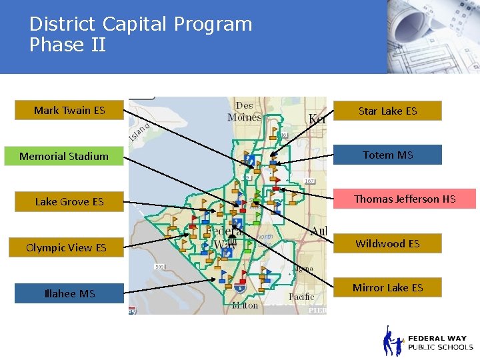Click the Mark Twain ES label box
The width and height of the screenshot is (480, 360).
click(x=69, y=111)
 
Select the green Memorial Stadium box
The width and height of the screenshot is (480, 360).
click(x=64, y=157)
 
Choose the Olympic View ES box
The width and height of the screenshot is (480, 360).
click(x=66, y=248)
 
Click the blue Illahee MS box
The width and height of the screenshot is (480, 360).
click(x=69, y=294)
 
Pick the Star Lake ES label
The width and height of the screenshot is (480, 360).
click(x=387, y=111)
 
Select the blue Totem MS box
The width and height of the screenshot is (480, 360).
click(x=387, y=155)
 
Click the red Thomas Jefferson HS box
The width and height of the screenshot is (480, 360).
click(x=405, y=199)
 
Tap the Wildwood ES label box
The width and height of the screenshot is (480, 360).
click(x=387, y=244)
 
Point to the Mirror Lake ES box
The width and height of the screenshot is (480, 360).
click(x=387, y=288)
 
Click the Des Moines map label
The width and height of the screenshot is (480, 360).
click(x=244, y=112)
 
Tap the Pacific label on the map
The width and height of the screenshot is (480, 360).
click(x=301, y=297)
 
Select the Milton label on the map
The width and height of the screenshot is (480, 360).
click(x=245, y=305)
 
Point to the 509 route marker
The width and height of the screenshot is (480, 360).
click(x=160, y=267)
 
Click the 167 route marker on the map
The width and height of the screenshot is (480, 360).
click(x=309, y=180)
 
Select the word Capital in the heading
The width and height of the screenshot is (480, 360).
click(x=135, y=25)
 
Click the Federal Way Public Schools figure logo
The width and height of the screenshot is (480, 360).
click(x=393, y=341)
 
